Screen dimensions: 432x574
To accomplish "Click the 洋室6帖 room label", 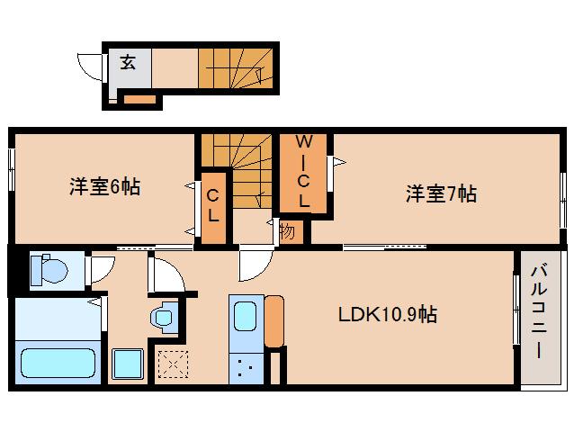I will (x=104, y=188).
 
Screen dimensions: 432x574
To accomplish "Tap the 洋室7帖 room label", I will (x=440, y=193).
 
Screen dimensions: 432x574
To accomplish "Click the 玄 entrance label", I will (x=129, y=63).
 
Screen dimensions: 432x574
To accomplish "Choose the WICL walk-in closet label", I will (x=304, y=171).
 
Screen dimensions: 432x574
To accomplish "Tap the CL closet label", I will (x=213, y=204).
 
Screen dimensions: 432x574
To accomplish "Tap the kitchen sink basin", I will (x=246, y=317).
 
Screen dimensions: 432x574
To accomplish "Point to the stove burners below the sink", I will (x=246, y=366).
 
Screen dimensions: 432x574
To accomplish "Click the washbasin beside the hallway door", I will (x=162, y=317).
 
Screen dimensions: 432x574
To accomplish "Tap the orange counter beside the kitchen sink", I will (x=274, y=322).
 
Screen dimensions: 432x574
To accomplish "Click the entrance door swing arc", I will (x=91, y=66).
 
